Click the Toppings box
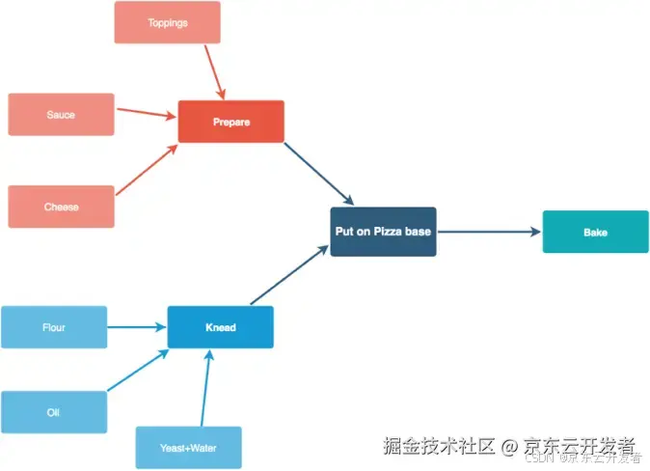[x=167, y=22]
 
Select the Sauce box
[x=61, y=115]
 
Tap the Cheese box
[x=61, y=207]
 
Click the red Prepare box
[x=231, y=122]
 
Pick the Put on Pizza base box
[x=383, y=232]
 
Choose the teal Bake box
[x=595, y=232]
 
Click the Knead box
[x=220, y=327]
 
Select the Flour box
[x=54, y=327]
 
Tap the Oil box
[x=54, y=412]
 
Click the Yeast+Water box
[x=188, y=448]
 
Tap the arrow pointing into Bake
[x=488, y=232]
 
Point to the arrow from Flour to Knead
[x=136, y=327]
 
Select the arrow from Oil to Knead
[x=138, y=371]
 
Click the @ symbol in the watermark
[x=509, y=447]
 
